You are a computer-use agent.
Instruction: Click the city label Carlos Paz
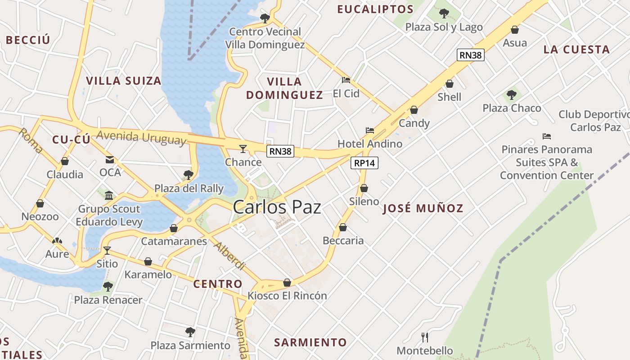pyautogui.click(x=277, y=207)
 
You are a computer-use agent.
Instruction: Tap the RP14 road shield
pyautogui.click(x=364, y=163)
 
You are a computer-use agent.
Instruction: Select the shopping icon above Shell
pyautogui.click(x=449, y=84)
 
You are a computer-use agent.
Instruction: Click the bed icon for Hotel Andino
pyautogui.click(x=370, y=130)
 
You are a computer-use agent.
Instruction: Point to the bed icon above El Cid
pyautogui.click(x=346, y=80)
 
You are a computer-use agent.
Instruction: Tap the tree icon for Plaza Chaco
pyautogui.click(x=511, y=95)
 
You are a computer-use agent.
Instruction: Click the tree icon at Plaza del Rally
pyautogui.click(x=189, y=175)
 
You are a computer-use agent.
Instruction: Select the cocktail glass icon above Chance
pyautogui.click(x=243, y=148)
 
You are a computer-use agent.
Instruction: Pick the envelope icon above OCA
pyautogui.click(x=110, y=159)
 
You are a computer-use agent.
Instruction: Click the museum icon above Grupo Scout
pyautogui.click(x=109, y=195)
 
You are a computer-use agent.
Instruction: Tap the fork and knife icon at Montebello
pyautogui.click(x=424, y=337)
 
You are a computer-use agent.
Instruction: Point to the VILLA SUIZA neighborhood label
pyautogui.click(x=123, y=81)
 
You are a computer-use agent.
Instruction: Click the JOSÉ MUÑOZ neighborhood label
pyautogui.click(x=423, y=208)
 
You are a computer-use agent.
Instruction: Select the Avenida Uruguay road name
pyautogui.click(x=141, y=138)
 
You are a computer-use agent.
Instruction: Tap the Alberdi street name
pyautogui.click(x=229, y=256)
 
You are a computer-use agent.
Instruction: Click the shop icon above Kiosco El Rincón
pyautogui.click(x=287, y=283)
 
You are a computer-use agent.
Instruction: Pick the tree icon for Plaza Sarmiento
pyautogui.click(x=190, y=332)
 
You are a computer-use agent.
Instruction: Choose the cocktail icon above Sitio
pyautogui.click(x=107, y=250)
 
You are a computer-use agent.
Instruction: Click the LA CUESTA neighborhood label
pyautogui.click(x=576, y=49)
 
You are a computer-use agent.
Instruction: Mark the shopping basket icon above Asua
pyautogui.click(x=514, y=30)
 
